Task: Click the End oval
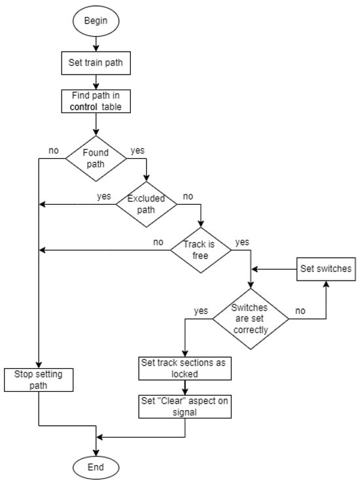96,466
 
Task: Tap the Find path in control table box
96,101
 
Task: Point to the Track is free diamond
201,249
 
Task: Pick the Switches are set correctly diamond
250,319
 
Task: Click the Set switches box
326,268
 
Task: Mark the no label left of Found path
54,151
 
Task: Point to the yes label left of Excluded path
103,196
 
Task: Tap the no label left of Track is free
158,241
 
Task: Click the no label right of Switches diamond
301,311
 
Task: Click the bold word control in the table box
79,107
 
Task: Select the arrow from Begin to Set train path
96,44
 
